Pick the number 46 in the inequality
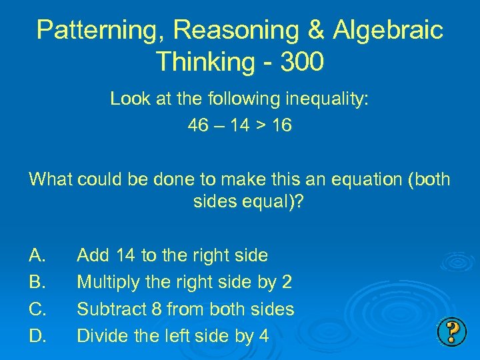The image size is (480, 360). click(x=199, y=125)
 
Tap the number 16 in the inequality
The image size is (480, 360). click(x=281, y=125)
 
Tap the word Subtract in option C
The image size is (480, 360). click(x=107, y=309)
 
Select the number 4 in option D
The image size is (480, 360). click(x=263, y=336)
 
